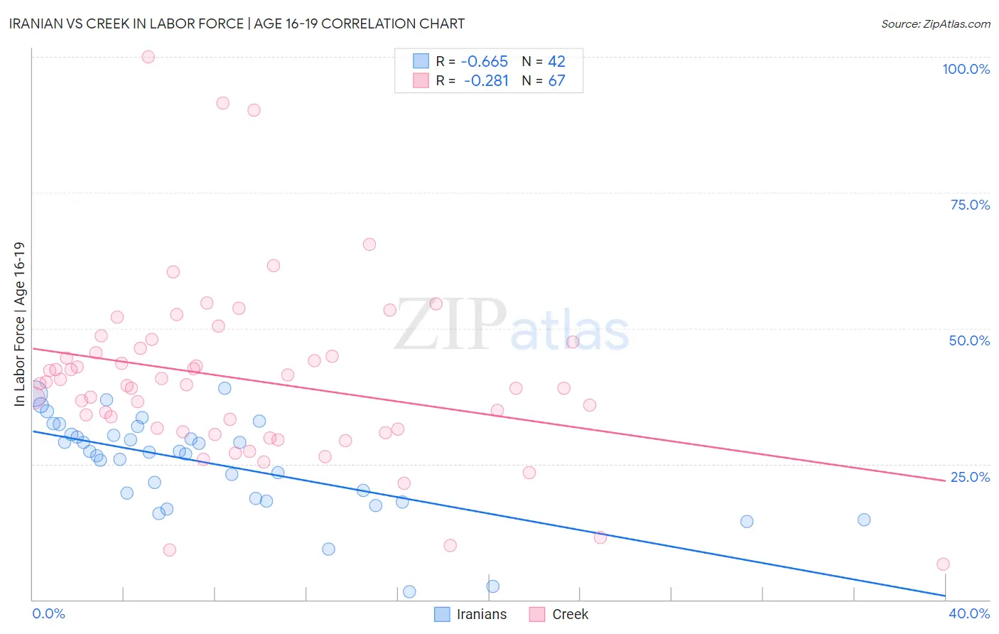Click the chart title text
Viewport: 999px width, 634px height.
(237, 23)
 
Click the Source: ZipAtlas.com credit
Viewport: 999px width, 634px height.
(935, 23)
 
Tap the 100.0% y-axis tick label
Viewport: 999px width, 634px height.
(966, 69)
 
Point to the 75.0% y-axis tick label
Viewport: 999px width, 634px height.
(970, 205)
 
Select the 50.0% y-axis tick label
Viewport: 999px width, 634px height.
(969, 340)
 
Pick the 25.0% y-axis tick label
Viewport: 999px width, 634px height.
(970, 477)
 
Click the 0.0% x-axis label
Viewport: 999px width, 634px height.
(48, 613)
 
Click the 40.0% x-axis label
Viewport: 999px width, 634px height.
(969, 613)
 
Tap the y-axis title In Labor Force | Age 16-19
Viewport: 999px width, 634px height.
(19, 324)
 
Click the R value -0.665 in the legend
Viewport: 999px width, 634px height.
(484, 61)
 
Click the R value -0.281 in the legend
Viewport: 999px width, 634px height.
(486, 80)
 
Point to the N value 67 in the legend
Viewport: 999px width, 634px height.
(556, 80)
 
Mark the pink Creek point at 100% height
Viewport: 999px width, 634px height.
(148, 57)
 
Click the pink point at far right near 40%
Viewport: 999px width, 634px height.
(943, 564)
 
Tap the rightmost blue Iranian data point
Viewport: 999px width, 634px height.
(864, 520)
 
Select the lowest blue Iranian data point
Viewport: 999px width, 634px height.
(409, 592)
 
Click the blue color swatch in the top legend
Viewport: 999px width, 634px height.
(421, 61)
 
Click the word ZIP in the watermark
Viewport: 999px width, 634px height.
(450, 325)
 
